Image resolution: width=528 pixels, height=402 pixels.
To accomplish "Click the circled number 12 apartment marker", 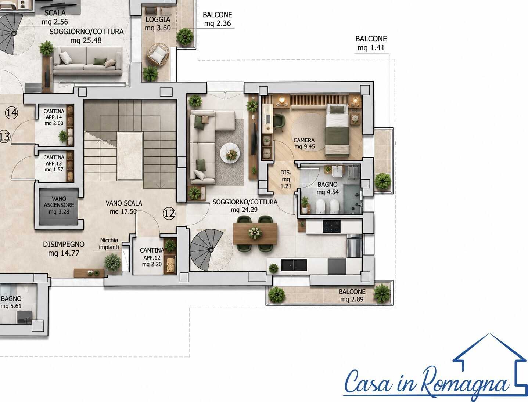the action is pyautogui.click(x=169, y=213).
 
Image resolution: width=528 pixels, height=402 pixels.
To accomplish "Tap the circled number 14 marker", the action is pyautogui.click(x=11, y=113).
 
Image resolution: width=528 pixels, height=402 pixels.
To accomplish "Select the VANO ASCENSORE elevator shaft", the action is pyautogui.click(x=59, y=206).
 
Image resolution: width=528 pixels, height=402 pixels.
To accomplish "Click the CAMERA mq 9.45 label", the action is pyautogui.click(x=304, y=143).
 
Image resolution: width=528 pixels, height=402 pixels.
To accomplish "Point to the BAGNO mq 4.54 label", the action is pyautogui.click(x=327, y=188).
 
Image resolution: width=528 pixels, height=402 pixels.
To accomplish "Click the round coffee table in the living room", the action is pyautogui.click(x=230, y=153).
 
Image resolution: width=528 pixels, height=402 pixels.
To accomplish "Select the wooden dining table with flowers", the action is pyautogui.click(x=255, y=233).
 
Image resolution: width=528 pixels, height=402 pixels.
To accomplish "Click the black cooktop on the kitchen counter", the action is pyautogui.click(x=331, y=227).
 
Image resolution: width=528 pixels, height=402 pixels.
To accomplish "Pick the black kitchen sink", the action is pyautogui.click(x=294, y=265).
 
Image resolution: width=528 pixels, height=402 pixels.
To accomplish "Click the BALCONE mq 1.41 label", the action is pyautogui.click(x=371, y=43).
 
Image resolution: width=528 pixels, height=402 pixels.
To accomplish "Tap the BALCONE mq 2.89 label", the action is pyautogui.click(x=352, y=295).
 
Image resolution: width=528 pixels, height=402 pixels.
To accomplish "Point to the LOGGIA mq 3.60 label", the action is pyautogui.click(x=158, y=23).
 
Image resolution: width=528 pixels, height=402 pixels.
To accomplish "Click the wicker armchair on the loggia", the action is pyautogui.click(x=158, y=54).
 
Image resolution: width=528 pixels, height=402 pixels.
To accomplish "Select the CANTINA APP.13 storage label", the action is pyautogui.click(x=54, y=163).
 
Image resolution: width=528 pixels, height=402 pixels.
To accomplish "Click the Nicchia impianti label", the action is pyautogui.click(x=109, y=244).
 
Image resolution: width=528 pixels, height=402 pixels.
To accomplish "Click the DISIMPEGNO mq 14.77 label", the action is pyautogui.click(x=64, y=249).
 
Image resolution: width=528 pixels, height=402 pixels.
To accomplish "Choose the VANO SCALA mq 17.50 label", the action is pyautogui.click(x=124, y=207).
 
